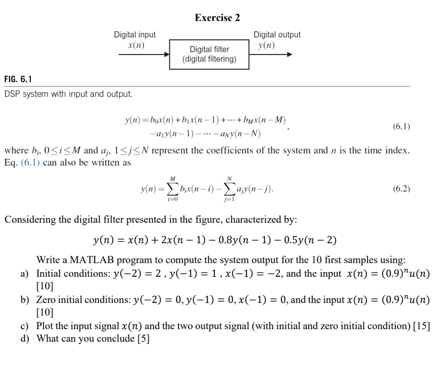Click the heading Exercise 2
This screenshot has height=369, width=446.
point(217,18)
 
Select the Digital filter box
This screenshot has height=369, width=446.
point(209,54)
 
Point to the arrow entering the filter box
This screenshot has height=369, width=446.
point(144,54)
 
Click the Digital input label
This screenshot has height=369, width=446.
point(135,35)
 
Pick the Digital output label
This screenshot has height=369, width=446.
point(277,35)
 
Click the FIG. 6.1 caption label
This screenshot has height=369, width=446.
point(18,80)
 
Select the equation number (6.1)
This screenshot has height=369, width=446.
point(401,126)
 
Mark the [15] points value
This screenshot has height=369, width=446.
point(421,326)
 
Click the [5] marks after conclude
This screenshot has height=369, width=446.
point(143,339)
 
